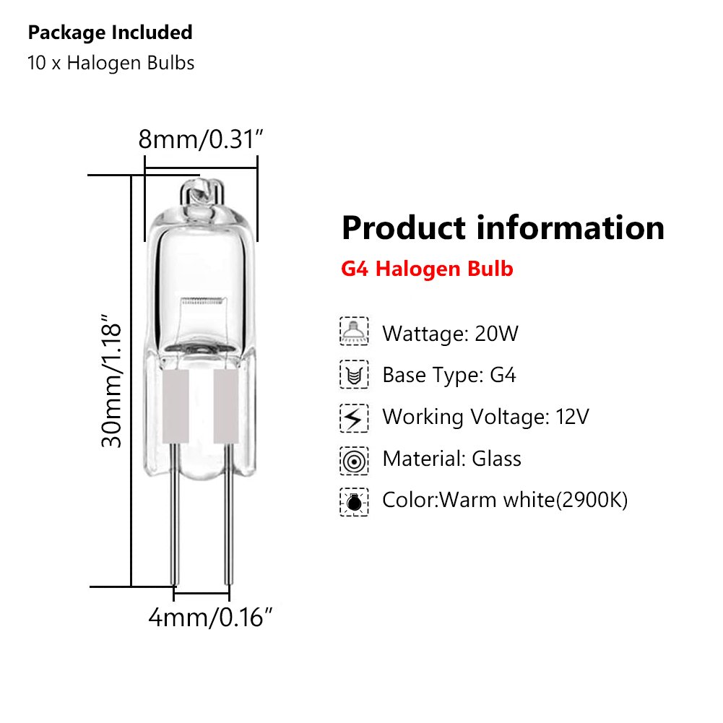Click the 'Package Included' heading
pyautogui.click(x=110, y=33)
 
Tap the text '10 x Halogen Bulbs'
pyautogui.click(x=111, y=63)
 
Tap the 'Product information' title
pyautogui.click(x=503, y=228)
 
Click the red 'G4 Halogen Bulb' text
pyautogui.click(x=427, y=269)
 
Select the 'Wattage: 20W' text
pyautogui.click(x=450, y=334)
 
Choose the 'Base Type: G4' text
pyautogui.click(x=449, y=376)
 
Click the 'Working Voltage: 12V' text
pyautogui.click(x=485, y=417)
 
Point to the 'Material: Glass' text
pyautogui.click(x=451, y=459)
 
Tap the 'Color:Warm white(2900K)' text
pyautogui.click(x=505, y=500)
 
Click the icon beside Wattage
pyautogui.click(x=354, y=332)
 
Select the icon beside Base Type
pyautogui.click(x=354, y=375)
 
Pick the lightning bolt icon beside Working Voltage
pyautogui.click(x=354, y=417)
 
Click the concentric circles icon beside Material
pyautogui.click(x=354, y=459)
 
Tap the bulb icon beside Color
pyautogui.click(x=354, y=501)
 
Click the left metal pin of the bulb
pyautogui.click(x=174, y=534)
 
